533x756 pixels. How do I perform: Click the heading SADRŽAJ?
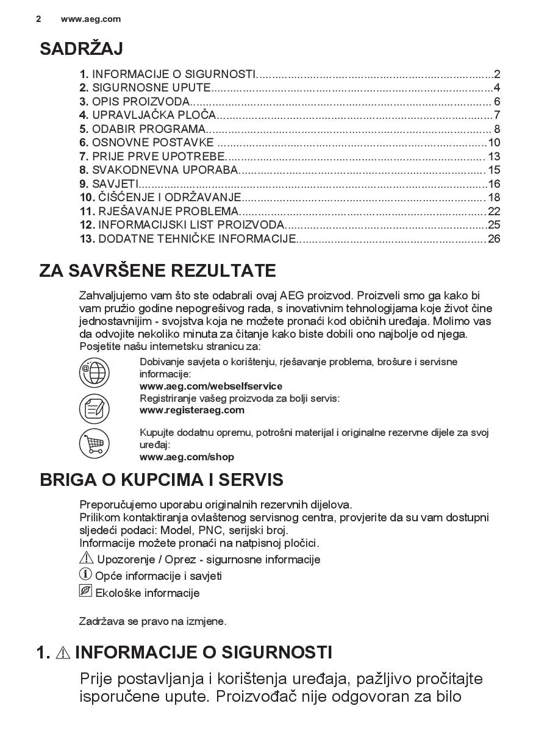[81, 49]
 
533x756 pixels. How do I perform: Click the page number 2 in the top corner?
[38, 19]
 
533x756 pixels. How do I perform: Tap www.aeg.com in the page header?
[91, 19]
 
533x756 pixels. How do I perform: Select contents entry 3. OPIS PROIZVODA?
[135, 102]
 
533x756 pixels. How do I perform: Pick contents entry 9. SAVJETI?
[109, 184]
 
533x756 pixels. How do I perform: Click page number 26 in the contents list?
[493, 239]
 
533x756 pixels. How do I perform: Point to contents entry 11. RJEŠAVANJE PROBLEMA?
[160, 212]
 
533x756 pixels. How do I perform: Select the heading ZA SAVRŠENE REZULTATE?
[157, 271]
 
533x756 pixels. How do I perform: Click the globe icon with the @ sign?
[94, 373]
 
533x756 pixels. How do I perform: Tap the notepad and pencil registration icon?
[94, 408]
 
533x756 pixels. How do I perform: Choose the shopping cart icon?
[94, 443]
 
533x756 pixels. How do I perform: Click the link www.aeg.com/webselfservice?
[211, 387]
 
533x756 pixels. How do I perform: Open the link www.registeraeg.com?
[191, 410]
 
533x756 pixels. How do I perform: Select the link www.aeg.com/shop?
[187, 457]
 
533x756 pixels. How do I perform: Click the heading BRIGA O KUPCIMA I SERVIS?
[162, 480]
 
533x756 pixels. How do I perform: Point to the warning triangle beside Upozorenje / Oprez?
[86, 558]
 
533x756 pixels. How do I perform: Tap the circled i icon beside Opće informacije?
[86, 574]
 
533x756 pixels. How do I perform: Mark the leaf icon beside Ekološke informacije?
[85, 591]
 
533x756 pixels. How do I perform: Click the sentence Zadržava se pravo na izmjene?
[152, 622]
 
